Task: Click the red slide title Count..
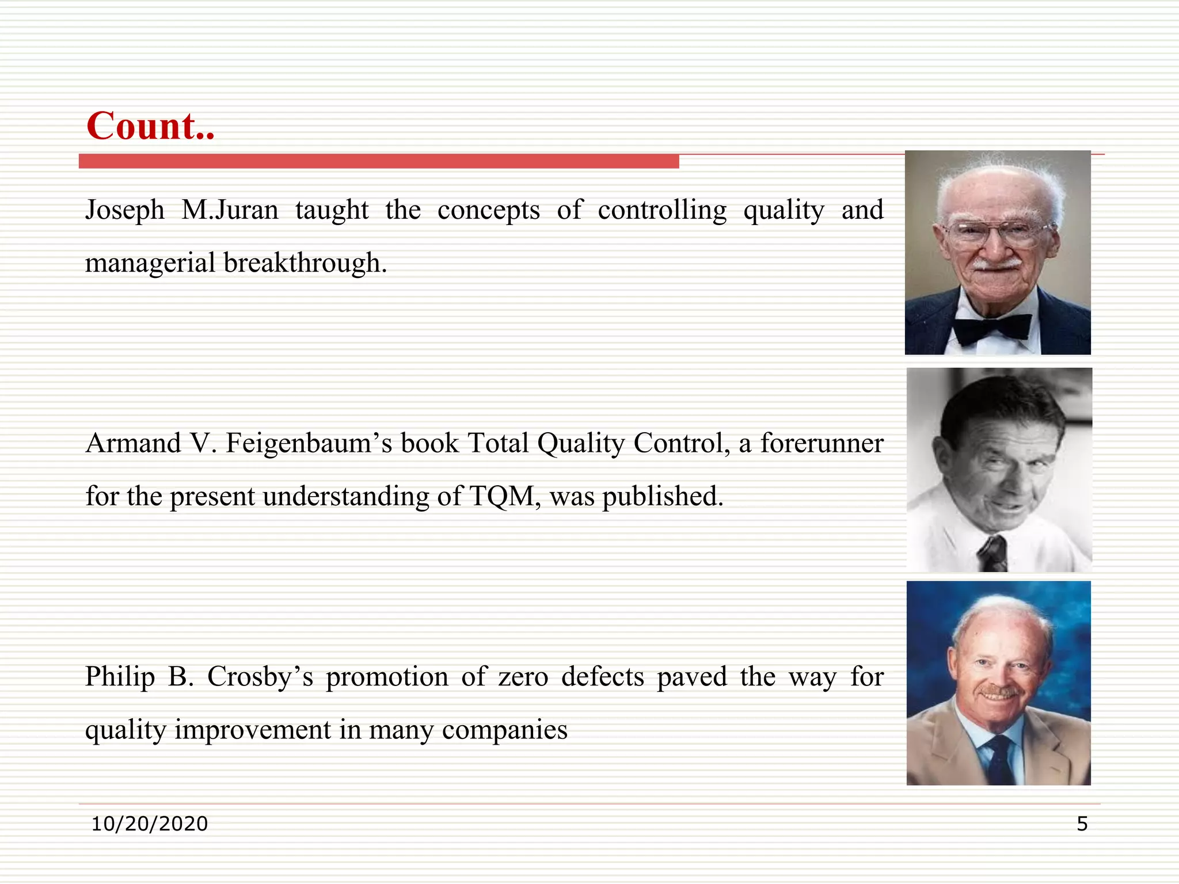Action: pos(150,126)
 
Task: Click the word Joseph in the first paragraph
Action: pos(125,210)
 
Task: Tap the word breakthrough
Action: pos(305,263)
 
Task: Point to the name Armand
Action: pos(134,444)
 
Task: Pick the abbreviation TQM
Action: pos(504,496)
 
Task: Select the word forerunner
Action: pos(822,444)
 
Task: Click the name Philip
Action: pos(120,677)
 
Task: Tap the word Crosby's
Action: pos(260,677)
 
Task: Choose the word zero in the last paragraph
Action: pos(523,677)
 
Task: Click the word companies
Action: pos(504,730)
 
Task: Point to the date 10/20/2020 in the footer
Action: pos(150,824)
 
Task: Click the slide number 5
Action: pos(1082,824)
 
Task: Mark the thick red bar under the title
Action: pos(379,161)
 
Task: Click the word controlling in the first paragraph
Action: pos(662,210)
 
